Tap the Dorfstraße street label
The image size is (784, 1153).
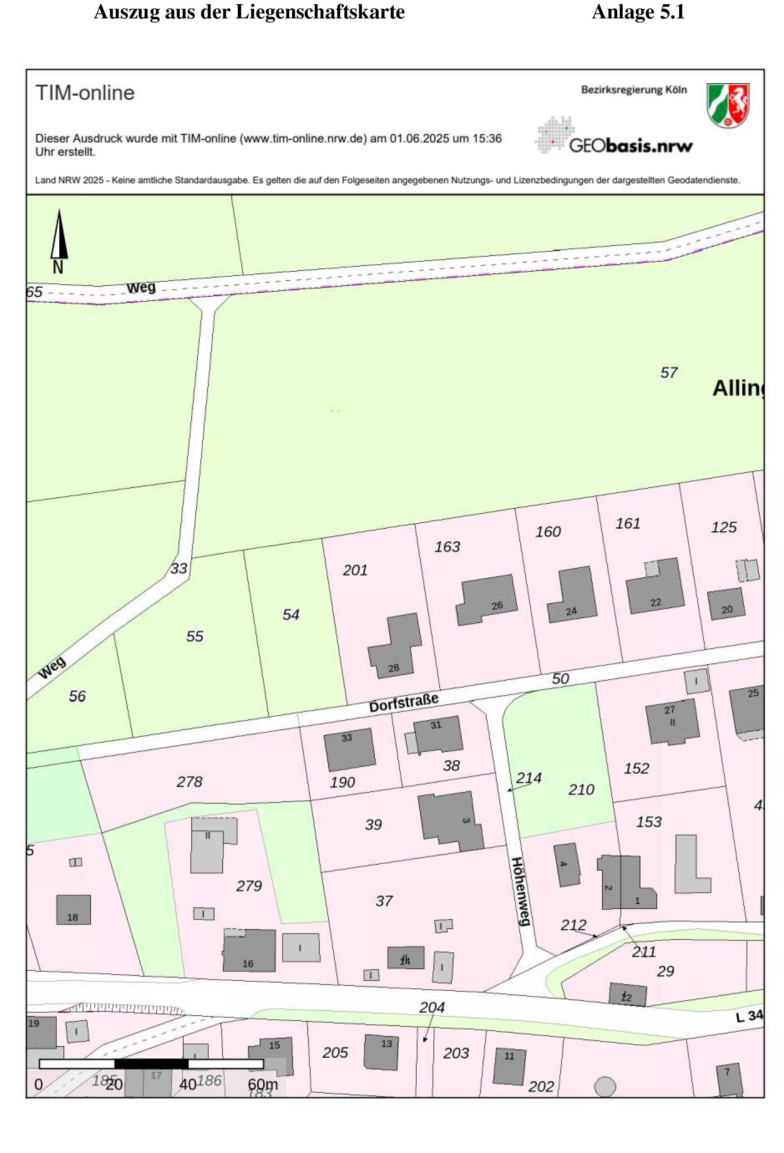coord(403,702)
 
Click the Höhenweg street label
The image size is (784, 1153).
coord(520,892)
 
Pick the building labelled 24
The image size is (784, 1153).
coord(573,595)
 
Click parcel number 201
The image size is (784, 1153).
coord(355,570)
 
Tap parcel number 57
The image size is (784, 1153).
coord(669,372)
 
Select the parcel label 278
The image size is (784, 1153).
coord(189,782)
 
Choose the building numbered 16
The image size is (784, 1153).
coord(249,951)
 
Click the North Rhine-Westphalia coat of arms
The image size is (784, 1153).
coord(728,105)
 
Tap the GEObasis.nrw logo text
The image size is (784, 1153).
coord(630,145)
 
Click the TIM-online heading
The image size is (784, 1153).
coord(85,93)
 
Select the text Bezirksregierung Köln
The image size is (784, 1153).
coord(634,90)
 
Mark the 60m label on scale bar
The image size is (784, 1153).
coord(262,1084)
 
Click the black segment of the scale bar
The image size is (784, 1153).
coord(151,1064)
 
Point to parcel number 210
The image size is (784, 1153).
coord(580,789)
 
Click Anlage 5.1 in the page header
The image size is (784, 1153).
coord(638,12)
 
